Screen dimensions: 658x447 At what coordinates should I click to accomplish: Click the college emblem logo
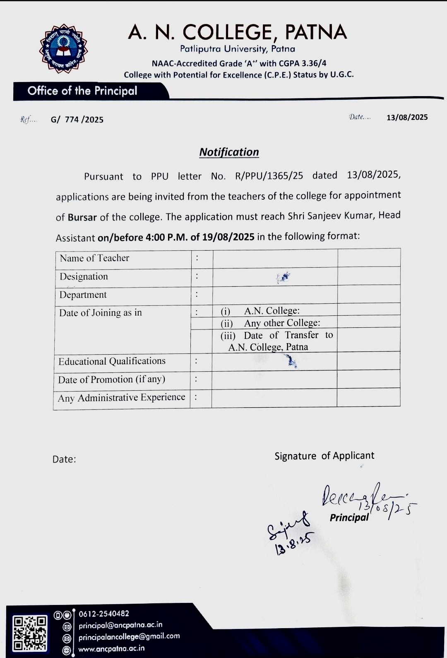63,49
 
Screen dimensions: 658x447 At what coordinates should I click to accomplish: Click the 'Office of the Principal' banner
82,91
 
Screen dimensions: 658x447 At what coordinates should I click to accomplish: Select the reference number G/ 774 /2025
77,120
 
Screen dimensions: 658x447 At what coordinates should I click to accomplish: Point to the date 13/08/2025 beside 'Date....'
407,117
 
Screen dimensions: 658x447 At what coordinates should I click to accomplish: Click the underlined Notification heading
229,152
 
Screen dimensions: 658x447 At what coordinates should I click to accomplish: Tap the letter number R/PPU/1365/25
269,176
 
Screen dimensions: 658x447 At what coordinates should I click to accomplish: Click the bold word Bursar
82,217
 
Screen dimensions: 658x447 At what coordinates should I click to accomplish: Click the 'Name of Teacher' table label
94,258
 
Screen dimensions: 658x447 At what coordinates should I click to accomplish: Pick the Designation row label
84,276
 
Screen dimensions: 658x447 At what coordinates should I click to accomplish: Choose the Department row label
83,295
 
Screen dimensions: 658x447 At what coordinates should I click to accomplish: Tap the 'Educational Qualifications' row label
112,361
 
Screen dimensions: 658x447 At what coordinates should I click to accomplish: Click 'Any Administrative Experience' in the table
121,398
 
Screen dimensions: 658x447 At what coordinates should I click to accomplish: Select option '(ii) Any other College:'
270,323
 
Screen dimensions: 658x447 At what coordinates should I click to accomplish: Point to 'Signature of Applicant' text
324,456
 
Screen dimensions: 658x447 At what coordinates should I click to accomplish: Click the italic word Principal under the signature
349,517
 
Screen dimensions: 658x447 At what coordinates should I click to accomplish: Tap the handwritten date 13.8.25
293,543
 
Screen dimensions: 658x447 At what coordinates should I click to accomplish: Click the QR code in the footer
30,633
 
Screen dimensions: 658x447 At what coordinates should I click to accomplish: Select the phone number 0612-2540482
104,614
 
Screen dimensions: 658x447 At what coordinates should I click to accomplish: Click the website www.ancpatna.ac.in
111,648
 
